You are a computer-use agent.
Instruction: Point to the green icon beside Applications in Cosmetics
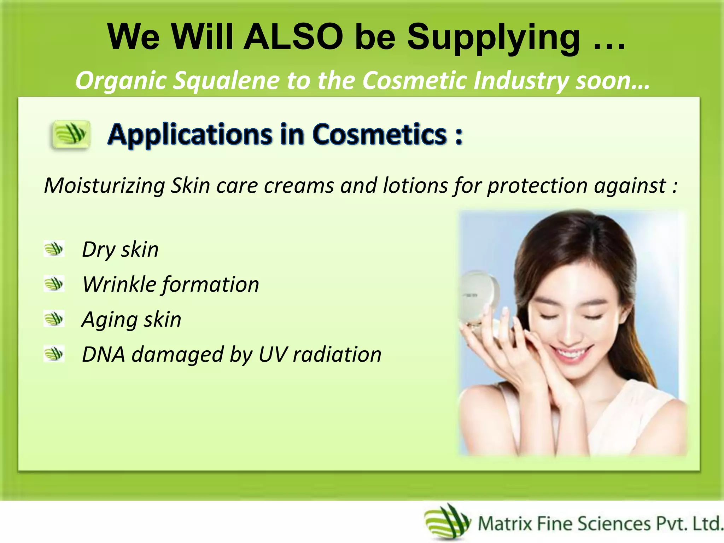click(x=71, y=135)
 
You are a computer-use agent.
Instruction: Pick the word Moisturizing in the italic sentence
click(x=105, y=186)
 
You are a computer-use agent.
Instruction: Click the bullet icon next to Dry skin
click(x=54, y=249)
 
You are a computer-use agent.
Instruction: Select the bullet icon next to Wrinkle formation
click(x=54, y=284)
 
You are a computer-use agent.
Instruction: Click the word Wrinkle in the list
click(x=119, y=284)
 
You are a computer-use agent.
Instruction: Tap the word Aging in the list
click(x=109, y=320)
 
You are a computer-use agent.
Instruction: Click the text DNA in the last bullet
click(x=103, y=354)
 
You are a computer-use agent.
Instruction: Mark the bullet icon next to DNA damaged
click(x=54, y=354)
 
